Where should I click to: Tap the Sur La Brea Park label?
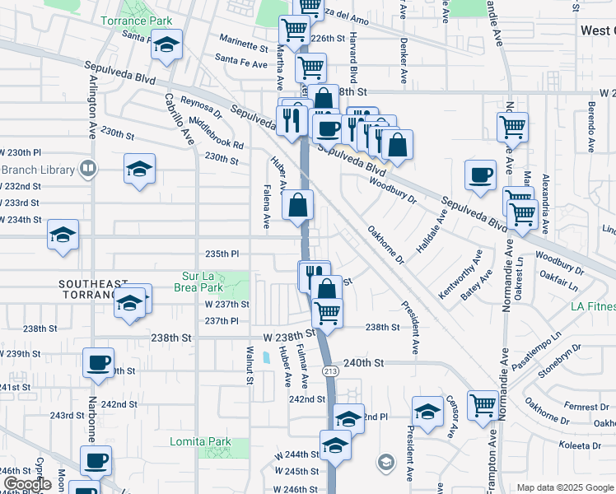tap(202, 282)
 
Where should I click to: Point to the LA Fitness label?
tap(593, 307)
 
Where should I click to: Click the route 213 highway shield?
tap(352, 371)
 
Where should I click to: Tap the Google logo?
tap(26, 484)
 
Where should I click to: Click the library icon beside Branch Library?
tap(86, 170)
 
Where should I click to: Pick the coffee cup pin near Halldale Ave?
tap(480, 175)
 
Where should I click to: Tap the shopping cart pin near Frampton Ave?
tap(483, 403)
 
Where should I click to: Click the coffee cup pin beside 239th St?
tap(99, 362)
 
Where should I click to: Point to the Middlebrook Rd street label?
tap(217, 133)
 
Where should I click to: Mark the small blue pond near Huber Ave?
tap(265, 358)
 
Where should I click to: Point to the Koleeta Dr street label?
tap(581, 445)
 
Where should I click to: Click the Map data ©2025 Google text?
tap(564, 487)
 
